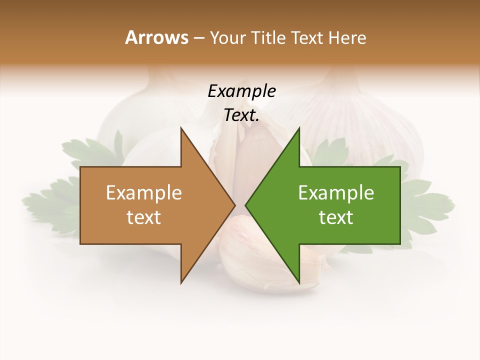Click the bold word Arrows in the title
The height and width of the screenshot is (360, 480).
(x=156, y=37)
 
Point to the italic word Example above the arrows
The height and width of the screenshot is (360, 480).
(x=241, y=91)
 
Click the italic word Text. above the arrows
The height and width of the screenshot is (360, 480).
(x=241, y=115)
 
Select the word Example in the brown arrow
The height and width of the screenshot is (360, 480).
(x=144, y=192)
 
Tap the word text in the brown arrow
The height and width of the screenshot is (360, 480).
(x=144, y=217)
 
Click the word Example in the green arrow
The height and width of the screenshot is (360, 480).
(x=336, y=192)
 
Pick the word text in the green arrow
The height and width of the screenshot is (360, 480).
(x=336, y=217)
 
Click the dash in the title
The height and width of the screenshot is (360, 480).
(x=198, y=38)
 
